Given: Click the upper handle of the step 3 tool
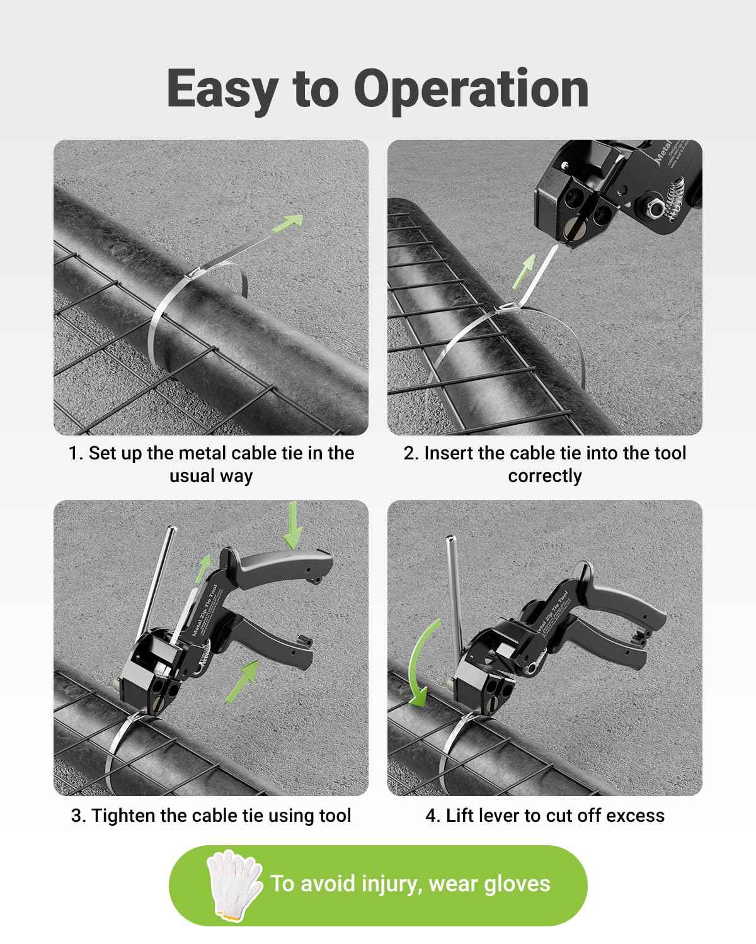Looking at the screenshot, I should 283,561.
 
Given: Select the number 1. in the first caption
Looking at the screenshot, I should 76,453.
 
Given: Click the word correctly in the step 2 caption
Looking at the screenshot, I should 544,476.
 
